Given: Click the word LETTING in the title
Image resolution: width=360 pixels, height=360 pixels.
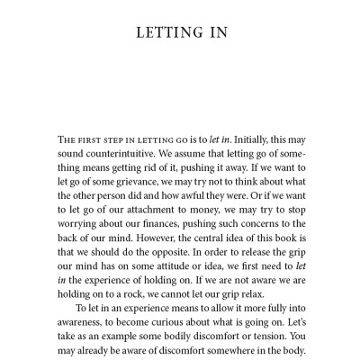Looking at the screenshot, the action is point(162,34).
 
